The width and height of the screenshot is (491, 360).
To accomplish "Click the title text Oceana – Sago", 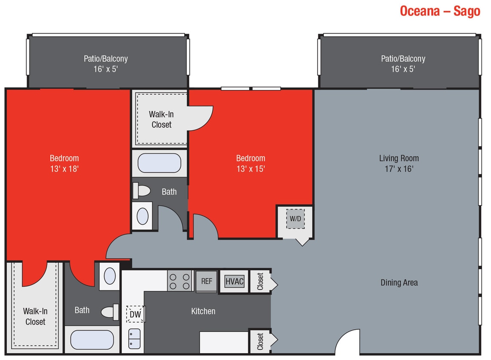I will (440, 11).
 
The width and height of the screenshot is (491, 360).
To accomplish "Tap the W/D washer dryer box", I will (295, 218).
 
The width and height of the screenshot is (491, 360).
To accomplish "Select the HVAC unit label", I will (234, 281).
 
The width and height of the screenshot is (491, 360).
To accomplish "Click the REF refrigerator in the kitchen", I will (207, 281).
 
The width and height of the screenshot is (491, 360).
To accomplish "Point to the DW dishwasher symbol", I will (135, 314).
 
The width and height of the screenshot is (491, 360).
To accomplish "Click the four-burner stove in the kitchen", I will (179, 281).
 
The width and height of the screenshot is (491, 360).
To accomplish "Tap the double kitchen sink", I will (134, 339).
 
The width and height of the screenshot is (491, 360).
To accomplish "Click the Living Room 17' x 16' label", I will (399, 163).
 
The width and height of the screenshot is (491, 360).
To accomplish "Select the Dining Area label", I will (399, 282).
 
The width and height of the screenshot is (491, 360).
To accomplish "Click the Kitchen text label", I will (203, 311).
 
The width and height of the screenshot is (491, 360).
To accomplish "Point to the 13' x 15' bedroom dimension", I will (251, 169).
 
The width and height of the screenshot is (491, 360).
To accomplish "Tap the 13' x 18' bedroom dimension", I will (64, 169).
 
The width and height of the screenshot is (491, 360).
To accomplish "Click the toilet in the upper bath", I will (142, 190).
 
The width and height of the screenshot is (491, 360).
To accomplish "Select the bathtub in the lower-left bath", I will (92, 340).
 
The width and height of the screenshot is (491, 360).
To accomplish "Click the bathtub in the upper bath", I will (160, 163).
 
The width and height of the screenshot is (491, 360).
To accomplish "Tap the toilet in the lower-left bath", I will (110, 311).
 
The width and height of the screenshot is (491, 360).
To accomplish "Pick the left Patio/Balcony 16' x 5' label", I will (106, 63).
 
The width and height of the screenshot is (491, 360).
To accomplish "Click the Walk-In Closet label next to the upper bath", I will (161, 119).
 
